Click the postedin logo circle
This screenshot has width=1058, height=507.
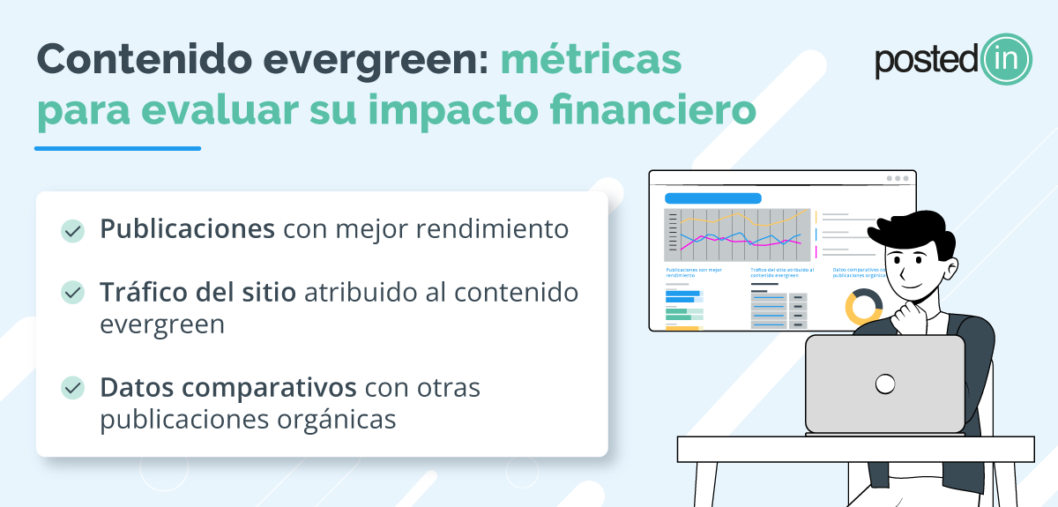(1005, 59)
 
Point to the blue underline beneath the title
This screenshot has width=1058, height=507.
(117, 148)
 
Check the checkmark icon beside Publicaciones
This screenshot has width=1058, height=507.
(72, 231)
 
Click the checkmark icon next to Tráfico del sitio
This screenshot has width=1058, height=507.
(72, 293)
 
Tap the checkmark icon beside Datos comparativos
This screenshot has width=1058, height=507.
(72, 388)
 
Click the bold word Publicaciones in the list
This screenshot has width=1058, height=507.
(187, 229)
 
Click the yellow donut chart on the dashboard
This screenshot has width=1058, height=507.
(863, 306)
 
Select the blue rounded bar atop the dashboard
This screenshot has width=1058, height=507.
(712, 198)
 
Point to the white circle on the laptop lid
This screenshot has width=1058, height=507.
(884, 384)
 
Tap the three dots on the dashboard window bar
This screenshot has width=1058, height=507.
(898, 178)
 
